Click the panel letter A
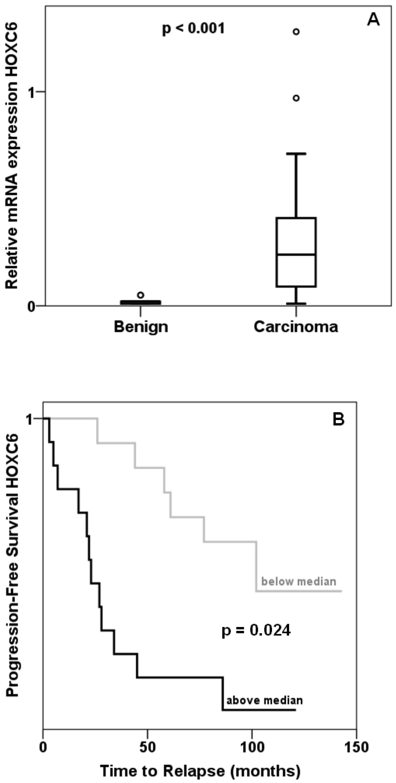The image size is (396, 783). click(373, 20)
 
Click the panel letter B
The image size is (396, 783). click(339, 420)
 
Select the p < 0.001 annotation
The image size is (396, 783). click(193, 29)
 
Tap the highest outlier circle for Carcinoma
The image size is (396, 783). click(296, 32)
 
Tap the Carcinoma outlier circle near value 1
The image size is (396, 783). click(296, 98)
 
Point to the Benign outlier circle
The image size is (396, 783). click(141, 295)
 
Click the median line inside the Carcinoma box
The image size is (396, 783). click(296, 254)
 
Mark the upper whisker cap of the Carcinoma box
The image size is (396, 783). click(296, 154)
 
